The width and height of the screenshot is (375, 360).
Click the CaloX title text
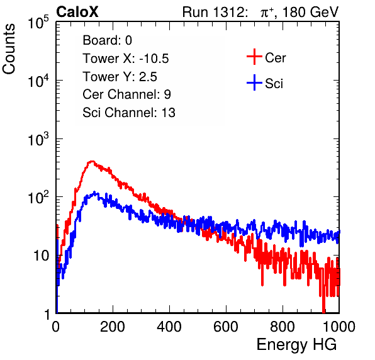point(77,12)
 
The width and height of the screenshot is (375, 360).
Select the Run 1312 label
point(215,12)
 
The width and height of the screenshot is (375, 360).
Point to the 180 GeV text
point(310,12)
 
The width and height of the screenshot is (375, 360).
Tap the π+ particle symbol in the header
point(267,13)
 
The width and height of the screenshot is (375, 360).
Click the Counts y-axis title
point(9,49)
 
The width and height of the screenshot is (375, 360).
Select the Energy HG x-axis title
point(296,345)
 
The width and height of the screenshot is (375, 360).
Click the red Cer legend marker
point(254,57)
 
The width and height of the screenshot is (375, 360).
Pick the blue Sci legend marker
point(254,82)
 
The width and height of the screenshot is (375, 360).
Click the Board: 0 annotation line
point(107,40)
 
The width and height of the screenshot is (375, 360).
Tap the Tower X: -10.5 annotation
point(126,59)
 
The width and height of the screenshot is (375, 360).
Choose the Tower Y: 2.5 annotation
point(120,77)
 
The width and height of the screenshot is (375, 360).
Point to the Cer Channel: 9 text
point(126,94)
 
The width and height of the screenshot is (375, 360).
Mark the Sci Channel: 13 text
point(129,113)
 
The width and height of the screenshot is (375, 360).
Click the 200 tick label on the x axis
point(113,327)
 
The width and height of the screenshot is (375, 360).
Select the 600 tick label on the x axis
point(226,327)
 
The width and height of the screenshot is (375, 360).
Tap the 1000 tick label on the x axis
point(339,327)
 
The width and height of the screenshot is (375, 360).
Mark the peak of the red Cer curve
point(92,162)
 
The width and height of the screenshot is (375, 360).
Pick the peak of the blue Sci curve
point(94,192)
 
